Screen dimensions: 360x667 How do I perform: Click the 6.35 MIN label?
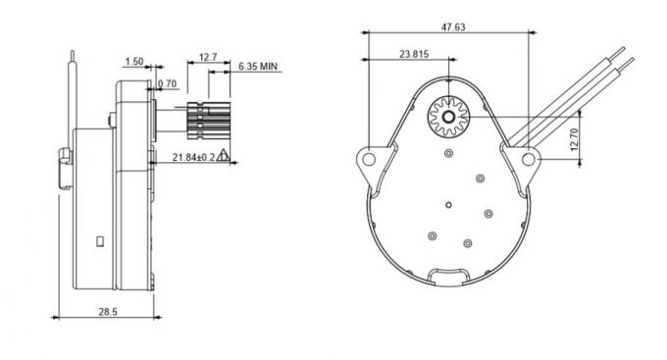point(258,66)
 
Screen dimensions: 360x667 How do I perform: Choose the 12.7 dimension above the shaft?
point(208,57)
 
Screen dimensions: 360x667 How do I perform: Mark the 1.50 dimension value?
point(135,62)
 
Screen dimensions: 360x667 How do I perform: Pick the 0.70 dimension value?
point(167,84)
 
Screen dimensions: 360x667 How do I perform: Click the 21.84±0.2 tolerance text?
point(193,156)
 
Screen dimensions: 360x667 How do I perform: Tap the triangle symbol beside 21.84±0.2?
point(225,154)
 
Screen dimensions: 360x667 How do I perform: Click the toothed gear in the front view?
point(448,117)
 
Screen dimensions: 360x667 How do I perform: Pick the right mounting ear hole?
point(528,157)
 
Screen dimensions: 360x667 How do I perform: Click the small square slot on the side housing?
point(100,238)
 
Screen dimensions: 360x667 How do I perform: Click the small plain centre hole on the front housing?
point(448,204)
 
